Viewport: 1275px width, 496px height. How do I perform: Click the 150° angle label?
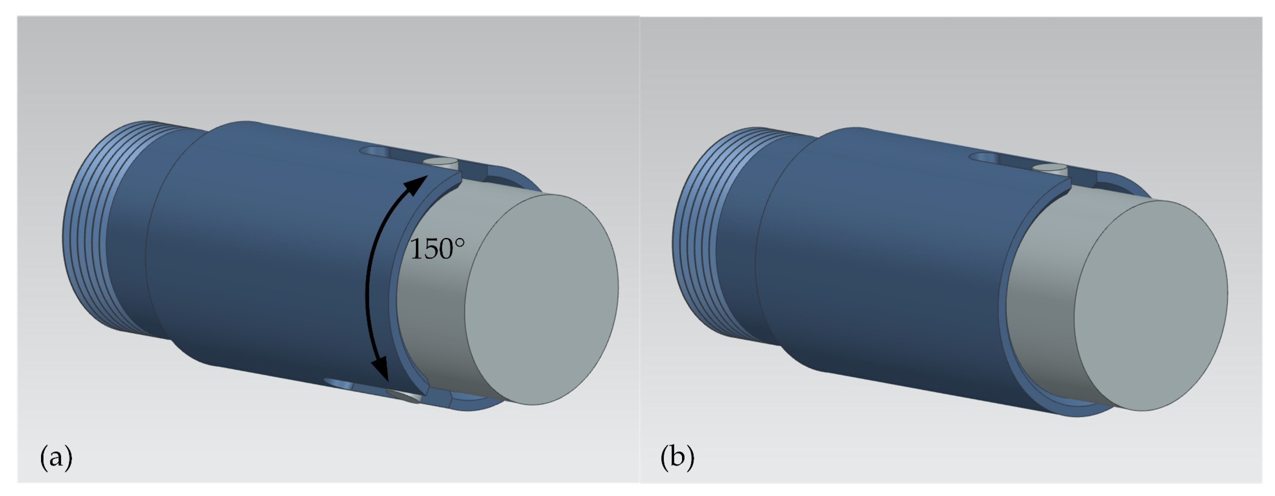[x=438, y=249]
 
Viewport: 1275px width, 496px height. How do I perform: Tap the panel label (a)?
[x=56, y=457]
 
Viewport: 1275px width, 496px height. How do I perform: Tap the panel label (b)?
[x=677, y=457]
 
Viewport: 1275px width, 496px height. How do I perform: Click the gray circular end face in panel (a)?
[x=542, y=299]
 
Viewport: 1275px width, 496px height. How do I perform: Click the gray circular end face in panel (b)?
[x=1151, y=306]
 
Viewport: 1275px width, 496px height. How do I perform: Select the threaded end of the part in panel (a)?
[x=89, y=228]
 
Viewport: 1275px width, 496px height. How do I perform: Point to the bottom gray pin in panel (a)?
[x=403, y=396]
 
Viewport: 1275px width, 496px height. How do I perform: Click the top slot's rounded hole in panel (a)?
[x=375, y=151]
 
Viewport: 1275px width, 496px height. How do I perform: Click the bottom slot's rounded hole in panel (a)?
[x=339, y=384]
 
